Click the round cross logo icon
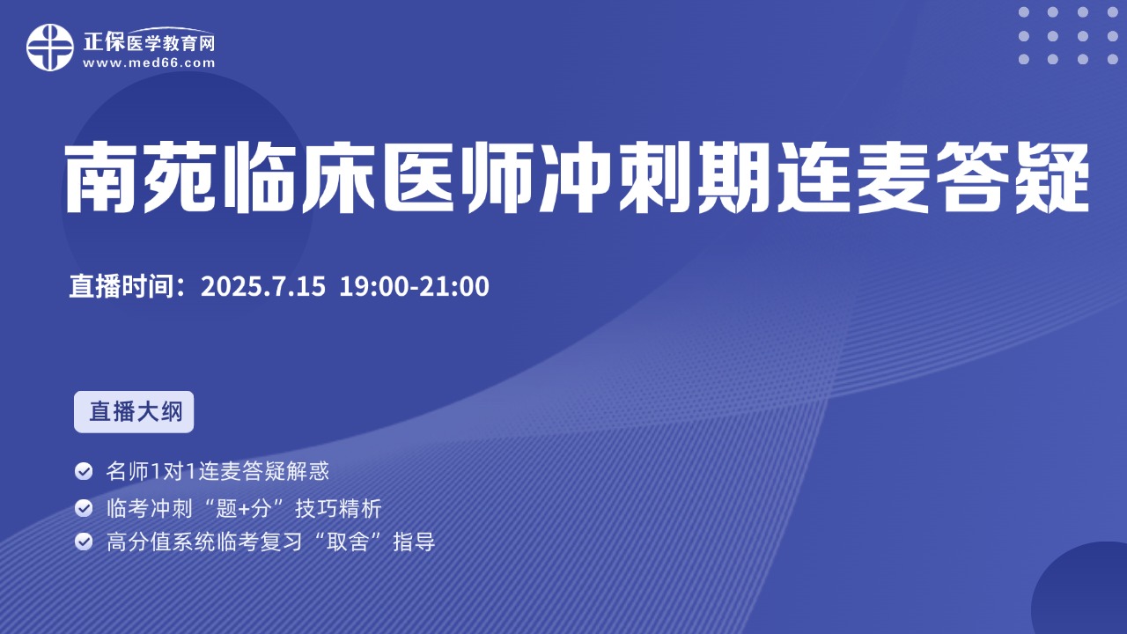(x=50, y=48)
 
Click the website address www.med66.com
(x=149, y=63)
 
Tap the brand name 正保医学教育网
(x=149, y=41)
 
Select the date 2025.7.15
(x=263, y=286)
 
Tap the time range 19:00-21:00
(x=414, y=286)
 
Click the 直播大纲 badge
(x=134, y=411)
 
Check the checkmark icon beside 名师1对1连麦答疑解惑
(x=84, y=471)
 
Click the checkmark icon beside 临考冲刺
(x=84, y=508)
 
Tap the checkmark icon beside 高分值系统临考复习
(x=84, y=542)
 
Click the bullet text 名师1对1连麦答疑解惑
(x=217, y=471)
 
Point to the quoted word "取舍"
(x=348, y=542)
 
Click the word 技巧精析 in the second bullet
(x=339, y=508)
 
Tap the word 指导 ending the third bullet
(x=414, y=542)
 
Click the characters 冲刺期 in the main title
(x=654, y=177)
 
